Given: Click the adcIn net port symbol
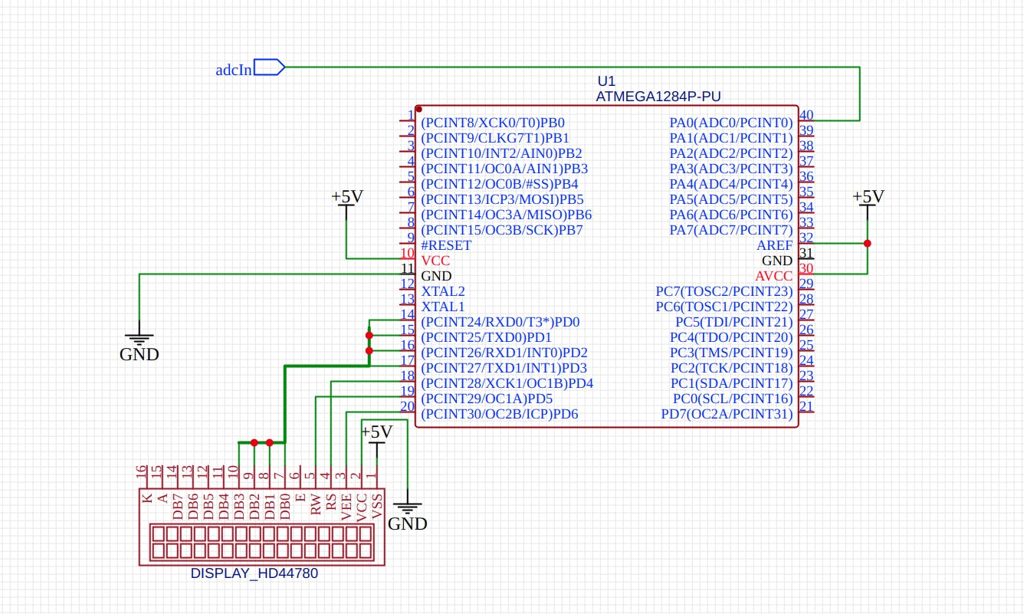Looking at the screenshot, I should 268,68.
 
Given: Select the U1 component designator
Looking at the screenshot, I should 606,81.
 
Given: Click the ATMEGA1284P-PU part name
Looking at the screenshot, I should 658,97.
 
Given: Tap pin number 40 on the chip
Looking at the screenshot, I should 806,116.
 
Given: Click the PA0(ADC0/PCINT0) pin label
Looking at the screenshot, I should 730,123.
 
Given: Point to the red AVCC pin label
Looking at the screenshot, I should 773,276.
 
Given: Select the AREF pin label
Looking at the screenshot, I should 774,245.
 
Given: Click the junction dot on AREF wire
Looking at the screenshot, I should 867,244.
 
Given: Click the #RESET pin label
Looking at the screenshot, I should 446,245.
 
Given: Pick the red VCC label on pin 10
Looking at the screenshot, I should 435,261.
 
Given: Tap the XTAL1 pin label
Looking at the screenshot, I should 443,307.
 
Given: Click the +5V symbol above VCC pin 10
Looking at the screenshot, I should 346,199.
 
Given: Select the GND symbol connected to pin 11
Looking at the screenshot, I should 139,345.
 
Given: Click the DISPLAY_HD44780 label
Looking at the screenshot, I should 254,573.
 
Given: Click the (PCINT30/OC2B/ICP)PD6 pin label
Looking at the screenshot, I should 499,414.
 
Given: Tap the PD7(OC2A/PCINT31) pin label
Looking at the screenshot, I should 727,414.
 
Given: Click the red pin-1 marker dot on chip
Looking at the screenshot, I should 419,110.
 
